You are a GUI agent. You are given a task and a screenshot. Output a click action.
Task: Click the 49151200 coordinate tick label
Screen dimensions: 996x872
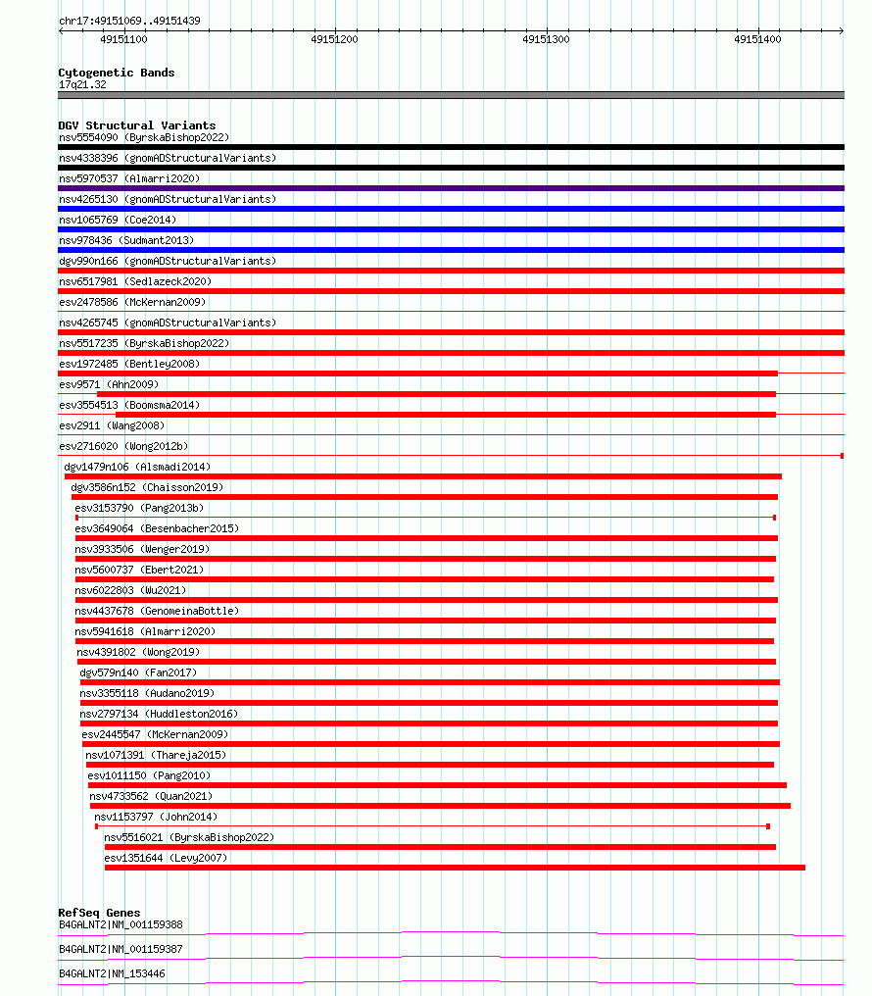pyautogui.click(x=334, y=39)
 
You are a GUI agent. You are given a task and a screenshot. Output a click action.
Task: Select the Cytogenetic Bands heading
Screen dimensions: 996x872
pyautogui.click(x=116, y=73)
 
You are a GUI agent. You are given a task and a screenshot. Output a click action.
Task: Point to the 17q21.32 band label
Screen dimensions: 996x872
pyautogui.click(x=82, y=84)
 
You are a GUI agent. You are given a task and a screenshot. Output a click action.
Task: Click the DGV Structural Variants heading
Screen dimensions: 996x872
pyautogui.click(x=136, y=125)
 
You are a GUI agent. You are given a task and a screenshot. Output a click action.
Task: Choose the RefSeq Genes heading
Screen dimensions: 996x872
pyautogui.click(x=99, y=913)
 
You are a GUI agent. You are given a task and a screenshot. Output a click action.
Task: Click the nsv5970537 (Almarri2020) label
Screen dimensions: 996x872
pyautogui.click(x=129, y=178)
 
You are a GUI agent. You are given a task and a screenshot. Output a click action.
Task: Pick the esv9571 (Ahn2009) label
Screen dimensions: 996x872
pyautogui.click(x=108, y=384)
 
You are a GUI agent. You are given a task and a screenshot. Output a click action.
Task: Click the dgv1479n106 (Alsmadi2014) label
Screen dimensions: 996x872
pyautogui.click(x=137, y=467)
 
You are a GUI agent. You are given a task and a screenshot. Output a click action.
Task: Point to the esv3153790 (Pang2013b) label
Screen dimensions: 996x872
pyautogui.click(x=139, y=508)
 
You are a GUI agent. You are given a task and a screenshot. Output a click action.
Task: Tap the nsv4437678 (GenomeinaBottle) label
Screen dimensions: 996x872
pyautogui.click(x=157, y=611)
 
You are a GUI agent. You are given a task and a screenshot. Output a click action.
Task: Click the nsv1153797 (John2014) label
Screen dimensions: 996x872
pyautogui.click(x=156, y=817)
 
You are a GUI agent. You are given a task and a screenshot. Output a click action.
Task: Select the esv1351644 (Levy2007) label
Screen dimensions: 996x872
pyautogui.click(x=166, y=858)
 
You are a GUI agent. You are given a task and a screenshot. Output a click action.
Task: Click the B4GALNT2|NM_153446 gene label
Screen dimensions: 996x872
pyautogui.click(x=112, y=973)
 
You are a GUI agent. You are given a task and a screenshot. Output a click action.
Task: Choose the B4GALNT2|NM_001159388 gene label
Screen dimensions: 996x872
pyautogui.click(x=121, y=924)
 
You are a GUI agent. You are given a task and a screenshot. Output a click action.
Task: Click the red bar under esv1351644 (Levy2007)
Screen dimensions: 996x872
pyautogui.click(x=455, y=868)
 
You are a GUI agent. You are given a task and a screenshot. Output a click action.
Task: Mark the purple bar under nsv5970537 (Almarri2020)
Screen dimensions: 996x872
pyautogui.click(x=451, y=188)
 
